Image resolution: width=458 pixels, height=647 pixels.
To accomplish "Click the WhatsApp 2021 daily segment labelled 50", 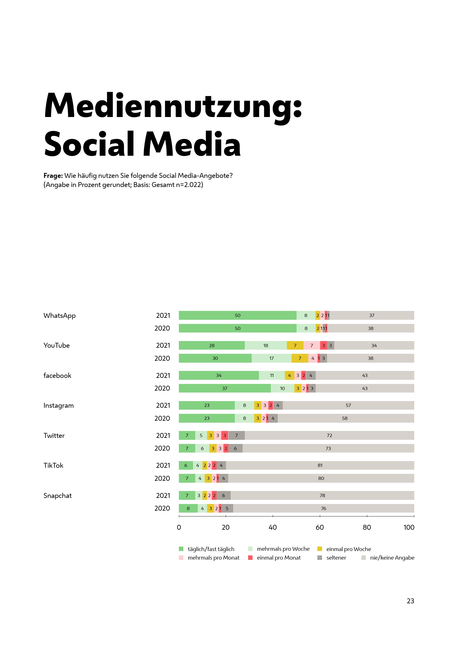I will click(238, 315).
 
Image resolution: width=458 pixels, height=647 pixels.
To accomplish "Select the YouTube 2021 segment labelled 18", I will click(266, 345).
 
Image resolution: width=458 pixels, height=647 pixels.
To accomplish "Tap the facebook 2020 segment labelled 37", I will click(225, 388).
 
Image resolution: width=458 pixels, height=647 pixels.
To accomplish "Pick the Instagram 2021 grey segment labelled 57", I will click(348, 405).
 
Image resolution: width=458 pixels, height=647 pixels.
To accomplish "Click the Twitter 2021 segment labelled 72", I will click(329, 435).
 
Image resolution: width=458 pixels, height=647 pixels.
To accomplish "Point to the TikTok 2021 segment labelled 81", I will click(320, 465).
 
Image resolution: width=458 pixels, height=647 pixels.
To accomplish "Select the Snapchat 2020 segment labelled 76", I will click(323, 508).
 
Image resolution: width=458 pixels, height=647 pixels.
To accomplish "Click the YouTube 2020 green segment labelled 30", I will click(215, 358).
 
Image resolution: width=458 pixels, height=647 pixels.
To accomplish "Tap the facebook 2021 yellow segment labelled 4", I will click(289, 375).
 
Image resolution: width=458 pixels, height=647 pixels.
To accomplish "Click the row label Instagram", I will click(58, 406).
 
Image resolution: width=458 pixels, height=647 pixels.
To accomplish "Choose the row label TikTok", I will click(53, 466).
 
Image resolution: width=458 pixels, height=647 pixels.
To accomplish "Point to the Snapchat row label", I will click(58, 496).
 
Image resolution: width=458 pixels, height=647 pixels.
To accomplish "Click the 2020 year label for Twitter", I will click(162, 448).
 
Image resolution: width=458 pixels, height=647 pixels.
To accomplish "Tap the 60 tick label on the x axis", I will click(320, 528).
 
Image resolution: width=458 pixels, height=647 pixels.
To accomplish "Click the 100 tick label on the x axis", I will click(409, 528).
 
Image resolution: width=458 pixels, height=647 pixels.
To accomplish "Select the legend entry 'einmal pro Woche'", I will click(348, 549).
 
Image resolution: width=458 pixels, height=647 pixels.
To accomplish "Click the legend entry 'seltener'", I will click(336, 558).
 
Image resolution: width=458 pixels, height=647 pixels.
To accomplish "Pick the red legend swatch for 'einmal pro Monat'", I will click(250, 558).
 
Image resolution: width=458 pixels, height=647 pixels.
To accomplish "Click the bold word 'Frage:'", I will click(53, 176).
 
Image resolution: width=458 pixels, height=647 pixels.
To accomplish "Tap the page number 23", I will click(410, 601).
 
